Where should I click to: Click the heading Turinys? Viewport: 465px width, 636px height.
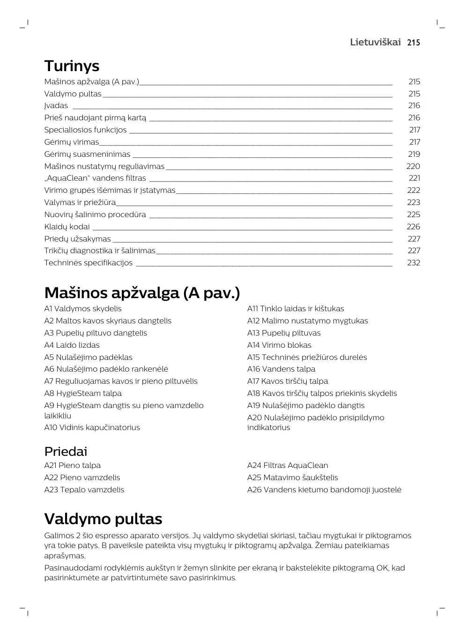72,66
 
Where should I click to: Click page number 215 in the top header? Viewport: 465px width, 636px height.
413,43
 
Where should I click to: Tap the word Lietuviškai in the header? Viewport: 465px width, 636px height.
375,42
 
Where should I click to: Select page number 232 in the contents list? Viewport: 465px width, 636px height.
413,263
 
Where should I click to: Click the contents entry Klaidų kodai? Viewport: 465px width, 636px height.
67,227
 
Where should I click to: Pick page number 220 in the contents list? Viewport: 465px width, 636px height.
413,166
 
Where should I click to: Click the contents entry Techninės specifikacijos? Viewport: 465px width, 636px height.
89,263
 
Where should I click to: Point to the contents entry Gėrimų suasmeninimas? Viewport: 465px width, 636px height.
87,154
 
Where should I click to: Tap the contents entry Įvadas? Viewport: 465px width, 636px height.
56,106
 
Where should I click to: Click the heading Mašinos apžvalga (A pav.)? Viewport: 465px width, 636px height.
142,293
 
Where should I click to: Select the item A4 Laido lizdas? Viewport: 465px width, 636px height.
72,345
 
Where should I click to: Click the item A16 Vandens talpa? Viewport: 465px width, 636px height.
281,369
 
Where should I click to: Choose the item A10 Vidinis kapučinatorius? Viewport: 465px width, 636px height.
92,427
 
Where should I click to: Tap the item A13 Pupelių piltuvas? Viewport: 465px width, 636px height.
284,333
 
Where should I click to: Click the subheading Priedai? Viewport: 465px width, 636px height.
66,452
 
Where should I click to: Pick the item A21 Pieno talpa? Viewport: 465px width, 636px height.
72,465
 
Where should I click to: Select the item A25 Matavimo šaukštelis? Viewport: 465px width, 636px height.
292,477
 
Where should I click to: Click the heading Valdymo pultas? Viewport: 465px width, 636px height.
103,519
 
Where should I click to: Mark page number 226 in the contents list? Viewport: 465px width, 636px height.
413,227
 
